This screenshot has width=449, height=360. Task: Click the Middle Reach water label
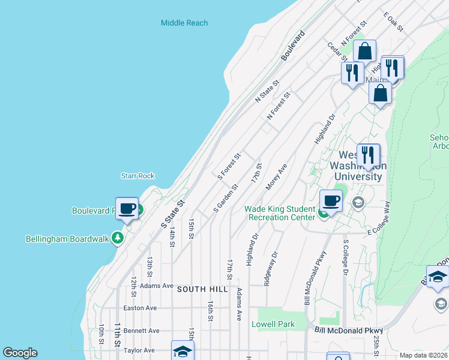(x=184, y=23)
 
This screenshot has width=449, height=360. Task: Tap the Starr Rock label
(x=137, y=176)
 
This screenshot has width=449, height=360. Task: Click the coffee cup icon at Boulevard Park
(x=127, y=208)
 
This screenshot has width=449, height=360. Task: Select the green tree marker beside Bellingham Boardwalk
(x=118, y=238)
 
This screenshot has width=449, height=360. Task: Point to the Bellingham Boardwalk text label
(x=67, y=239)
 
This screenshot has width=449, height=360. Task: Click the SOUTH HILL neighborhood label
(x=202, y=289)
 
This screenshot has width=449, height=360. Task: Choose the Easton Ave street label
(x=140, y=308)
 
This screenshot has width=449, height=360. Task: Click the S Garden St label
(x=226, y=199)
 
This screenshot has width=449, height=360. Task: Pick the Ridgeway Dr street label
(x=271, y=268)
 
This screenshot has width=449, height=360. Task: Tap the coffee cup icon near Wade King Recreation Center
(x=331, y=200)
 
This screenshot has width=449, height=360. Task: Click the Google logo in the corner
(x=20, y=353)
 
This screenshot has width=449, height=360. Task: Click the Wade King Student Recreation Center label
(x=280, y=213)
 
